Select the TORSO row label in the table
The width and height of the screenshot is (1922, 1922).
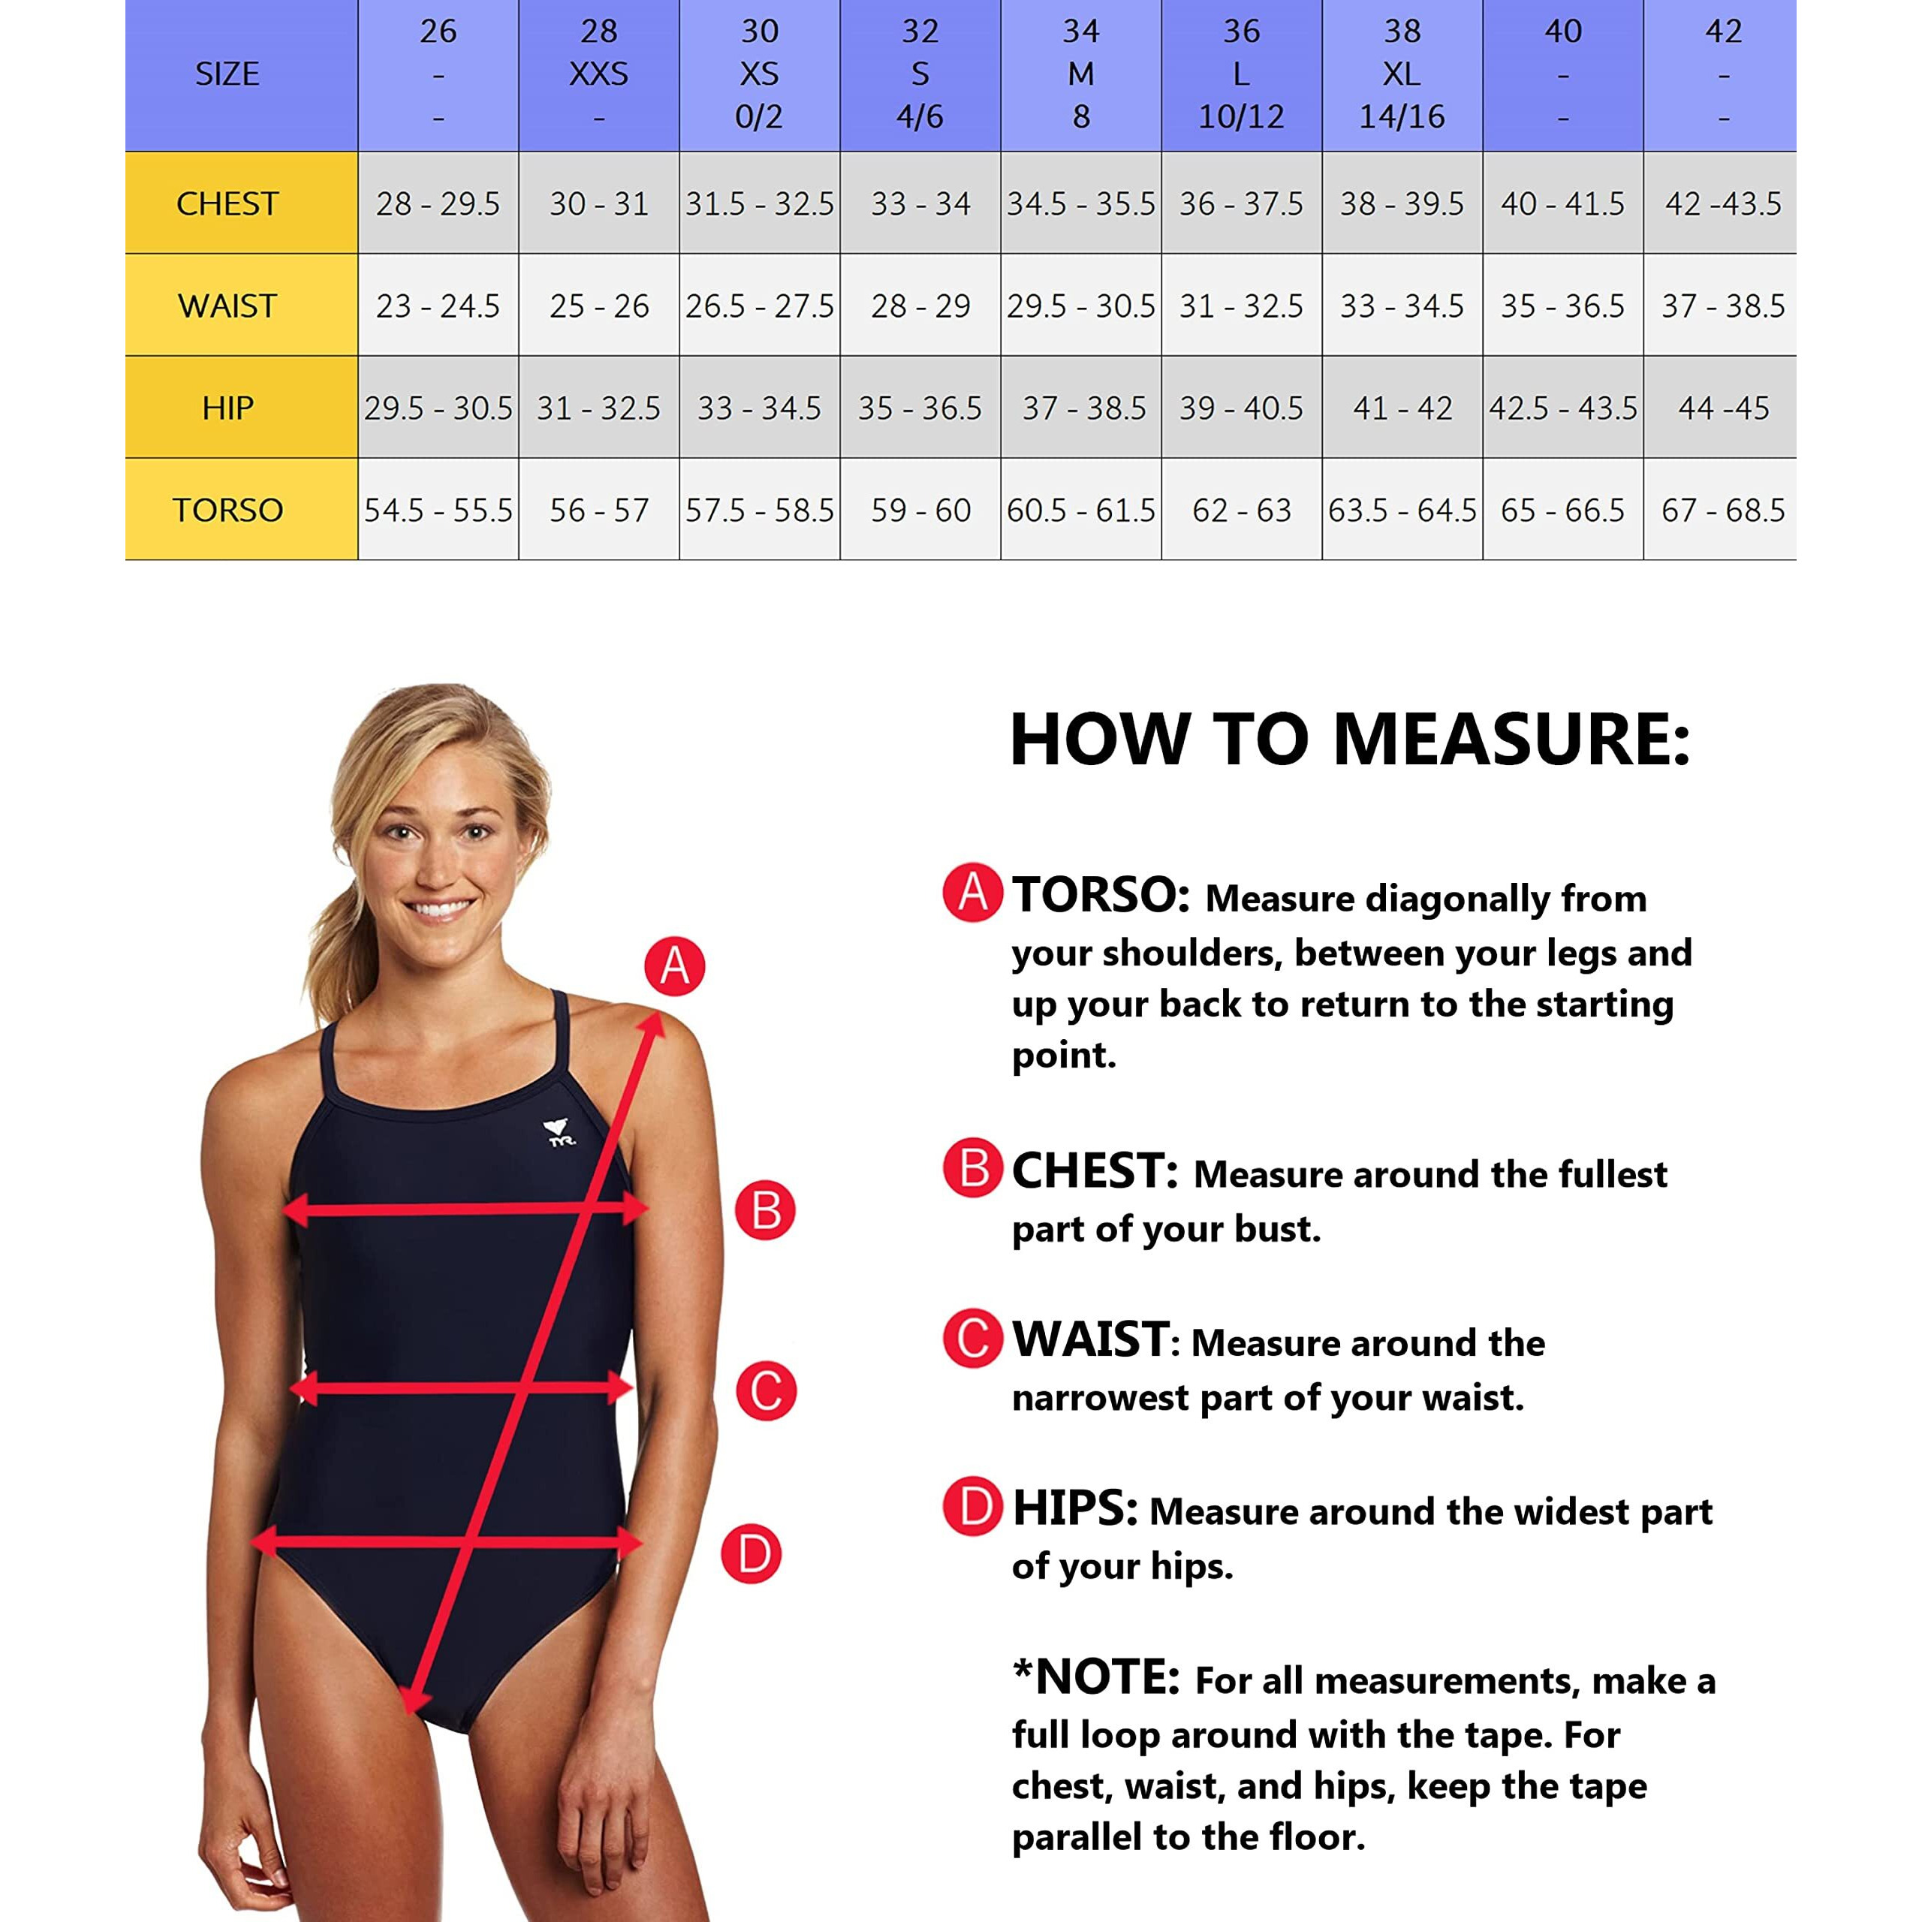[227, 509]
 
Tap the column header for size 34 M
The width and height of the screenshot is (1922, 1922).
[1080, 74]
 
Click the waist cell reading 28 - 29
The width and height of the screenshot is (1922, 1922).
[920, 306]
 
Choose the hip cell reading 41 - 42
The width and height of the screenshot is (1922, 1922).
[1402, 408]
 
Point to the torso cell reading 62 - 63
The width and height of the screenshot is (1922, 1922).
[1242, 509]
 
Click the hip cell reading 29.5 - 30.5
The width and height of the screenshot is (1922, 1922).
[438, 408]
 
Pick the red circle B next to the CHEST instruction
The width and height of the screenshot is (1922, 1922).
[973, 1168]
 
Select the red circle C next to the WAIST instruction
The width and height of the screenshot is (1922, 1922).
[973, 1337]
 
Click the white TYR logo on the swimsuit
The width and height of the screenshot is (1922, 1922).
[561, 1133]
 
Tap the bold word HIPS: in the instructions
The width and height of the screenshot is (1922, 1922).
[1074, 1508]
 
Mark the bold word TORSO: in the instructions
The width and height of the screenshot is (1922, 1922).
[1101, 894]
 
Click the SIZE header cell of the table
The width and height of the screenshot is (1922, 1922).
[227, 74]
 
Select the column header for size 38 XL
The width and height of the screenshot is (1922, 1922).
[1402, 74]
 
